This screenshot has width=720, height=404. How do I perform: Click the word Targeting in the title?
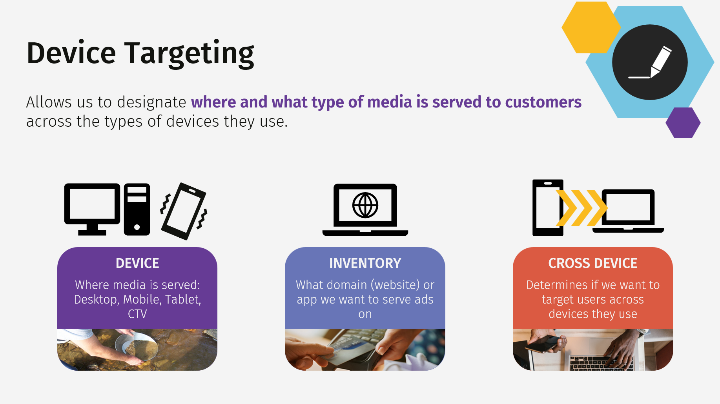(x=189, y=53)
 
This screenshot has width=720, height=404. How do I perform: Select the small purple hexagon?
(x=683, y=123)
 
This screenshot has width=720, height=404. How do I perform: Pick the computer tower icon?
(x=137, y=209)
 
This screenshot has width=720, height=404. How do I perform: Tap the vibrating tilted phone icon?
(x=184, y=211)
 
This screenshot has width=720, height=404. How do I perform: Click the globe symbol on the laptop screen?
(x=365, y=205)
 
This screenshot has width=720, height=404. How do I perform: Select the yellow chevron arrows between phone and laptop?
(x=581, y=208)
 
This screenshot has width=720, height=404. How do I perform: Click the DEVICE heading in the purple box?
(x=137, y=263)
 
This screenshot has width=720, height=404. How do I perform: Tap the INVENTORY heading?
(x=365, y=263)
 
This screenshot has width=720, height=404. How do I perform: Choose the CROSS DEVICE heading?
(x=592, y=263)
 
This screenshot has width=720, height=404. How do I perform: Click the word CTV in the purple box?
(x=137, y=314)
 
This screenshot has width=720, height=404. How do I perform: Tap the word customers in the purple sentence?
(x=543, y=102)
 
